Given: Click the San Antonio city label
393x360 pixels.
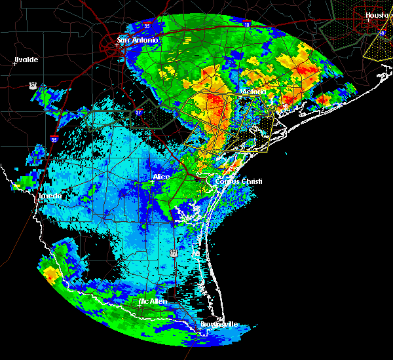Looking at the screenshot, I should tap(137, 40).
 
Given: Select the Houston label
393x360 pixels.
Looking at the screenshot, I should tap(377, 15).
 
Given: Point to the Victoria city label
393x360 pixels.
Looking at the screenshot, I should tap(252, 92).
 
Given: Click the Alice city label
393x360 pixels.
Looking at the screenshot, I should tap(161, 177).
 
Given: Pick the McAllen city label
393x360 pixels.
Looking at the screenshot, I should tap(151, 301).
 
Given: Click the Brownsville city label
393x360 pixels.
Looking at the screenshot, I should tap(219, 324).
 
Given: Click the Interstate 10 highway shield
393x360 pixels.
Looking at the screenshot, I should tap(246, 24).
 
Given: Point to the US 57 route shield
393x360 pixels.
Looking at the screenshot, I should tap(32, 85).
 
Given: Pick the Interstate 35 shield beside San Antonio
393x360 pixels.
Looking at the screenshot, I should tap(147, 26).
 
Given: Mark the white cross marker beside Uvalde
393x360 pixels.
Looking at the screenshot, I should tap(14, 63).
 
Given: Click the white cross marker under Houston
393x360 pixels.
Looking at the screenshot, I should tap(369, 20).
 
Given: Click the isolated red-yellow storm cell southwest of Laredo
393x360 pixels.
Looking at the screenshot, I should tap(49, 275).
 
